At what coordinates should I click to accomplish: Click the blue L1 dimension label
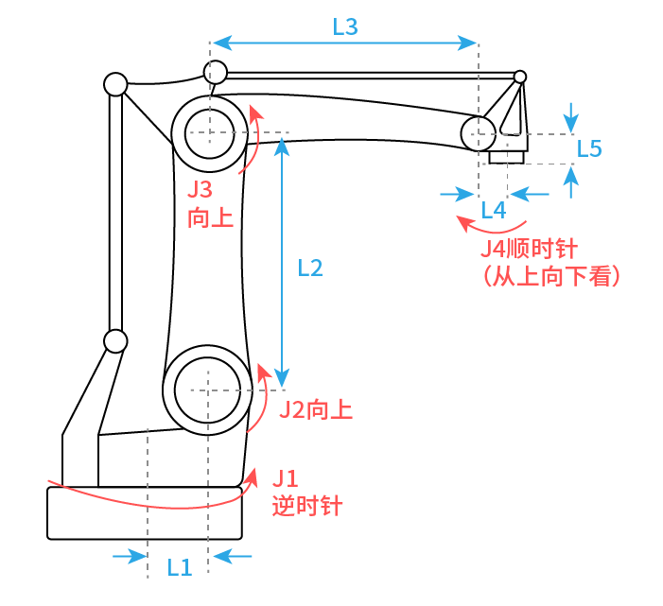pyautogui.click(x=180, y=567)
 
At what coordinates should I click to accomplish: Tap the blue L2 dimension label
pyautogui.click(x=310, y=268)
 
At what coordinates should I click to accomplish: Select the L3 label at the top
pyautogui.click(x=345, y=27)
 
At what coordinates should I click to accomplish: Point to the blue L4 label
pyautogui.click(x=494, y=210)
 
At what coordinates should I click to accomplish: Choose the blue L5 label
pyautogui.click(x=589, y=148)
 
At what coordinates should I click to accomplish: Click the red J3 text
pyautogui.click(x=200, y=189)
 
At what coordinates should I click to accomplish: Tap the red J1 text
pyautogui.click(x=286, y=478)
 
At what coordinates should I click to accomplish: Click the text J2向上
pyautogui.click(x=316, y=409)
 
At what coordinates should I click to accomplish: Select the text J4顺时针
pyautogui.click(x=529, y=249)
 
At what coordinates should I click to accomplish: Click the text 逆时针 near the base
pyautogui.click(x=307, y=506)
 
